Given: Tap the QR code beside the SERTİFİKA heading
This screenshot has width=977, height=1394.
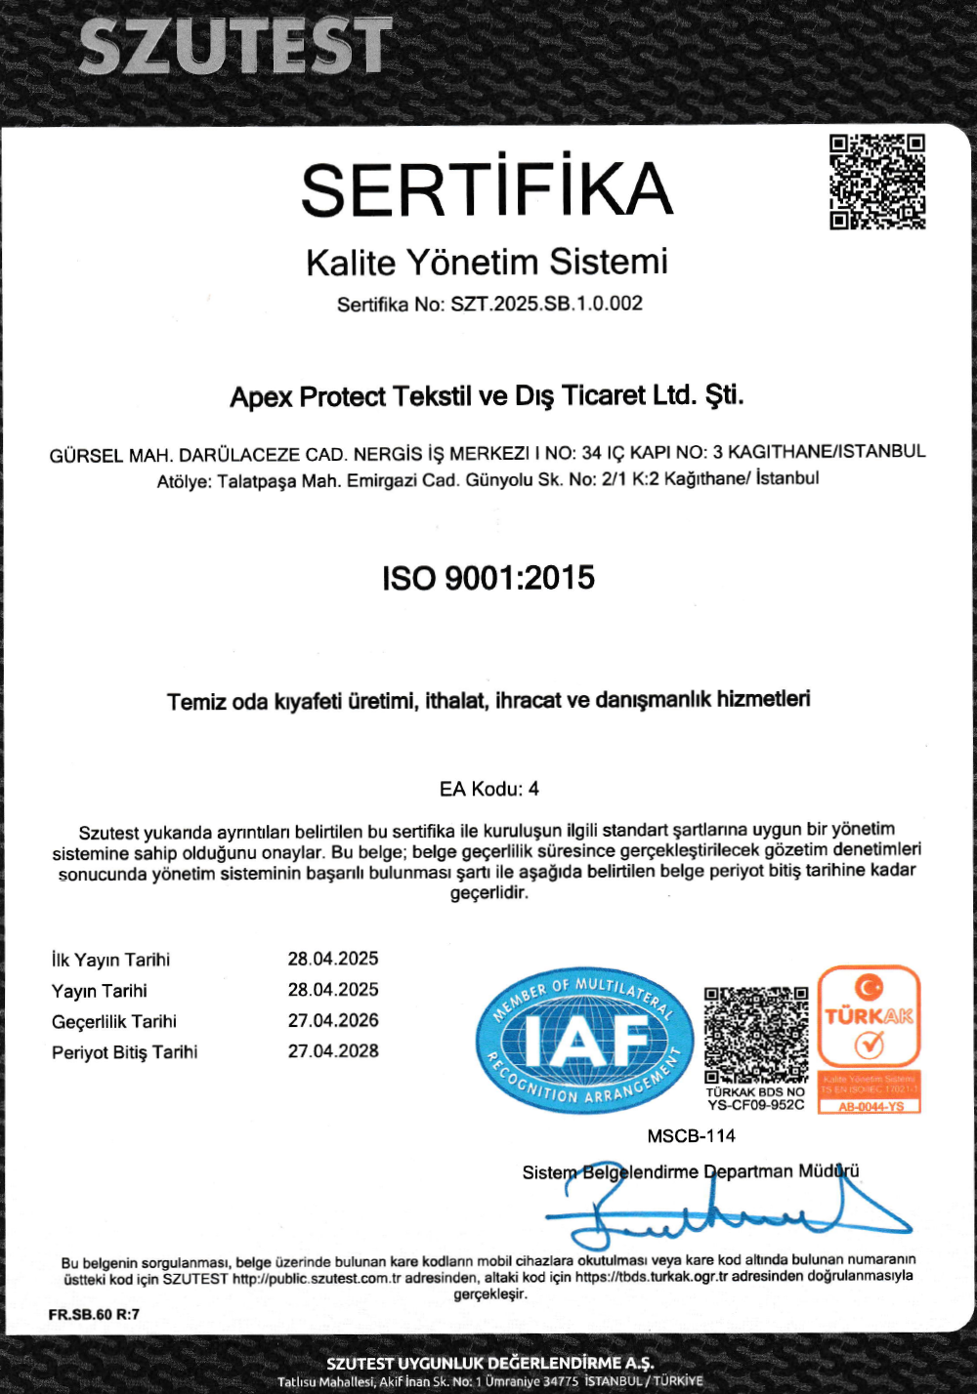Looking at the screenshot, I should (x=877, y=182).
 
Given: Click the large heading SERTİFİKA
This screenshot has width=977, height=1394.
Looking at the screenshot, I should (x=487, y=188).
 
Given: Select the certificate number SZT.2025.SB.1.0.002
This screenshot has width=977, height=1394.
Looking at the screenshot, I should (x=546, y=304).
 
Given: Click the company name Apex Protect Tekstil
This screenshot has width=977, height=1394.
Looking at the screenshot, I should (x=487, y=396).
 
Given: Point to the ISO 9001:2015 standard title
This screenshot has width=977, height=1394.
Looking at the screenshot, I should (x=488, y=578).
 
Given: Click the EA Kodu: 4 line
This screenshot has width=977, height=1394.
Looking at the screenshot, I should (x=488, y=789).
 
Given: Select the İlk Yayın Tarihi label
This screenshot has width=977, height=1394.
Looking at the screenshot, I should (x=110, y=960).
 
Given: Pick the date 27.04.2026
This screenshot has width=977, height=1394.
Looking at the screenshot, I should (x=332, y=1020).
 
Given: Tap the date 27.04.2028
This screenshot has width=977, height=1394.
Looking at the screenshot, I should (x=332, y=1051).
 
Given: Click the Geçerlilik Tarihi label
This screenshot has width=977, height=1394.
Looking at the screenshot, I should (x=113, y=1021).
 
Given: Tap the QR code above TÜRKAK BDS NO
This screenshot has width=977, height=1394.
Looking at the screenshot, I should (x=756, y=1034).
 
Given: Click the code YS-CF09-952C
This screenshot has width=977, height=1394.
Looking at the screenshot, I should (x=755, y=1105).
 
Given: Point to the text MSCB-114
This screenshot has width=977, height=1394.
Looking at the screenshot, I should (x=691, y=1135).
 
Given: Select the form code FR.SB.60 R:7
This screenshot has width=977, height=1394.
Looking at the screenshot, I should (x=94, y=1314).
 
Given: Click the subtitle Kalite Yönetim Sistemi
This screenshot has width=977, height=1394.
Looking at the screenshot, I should (x=487, y=262).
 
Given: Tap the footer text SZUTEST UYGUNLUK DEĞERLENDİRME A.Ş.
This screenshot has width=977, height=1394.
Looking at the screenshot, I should (x=489, y=1363).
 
